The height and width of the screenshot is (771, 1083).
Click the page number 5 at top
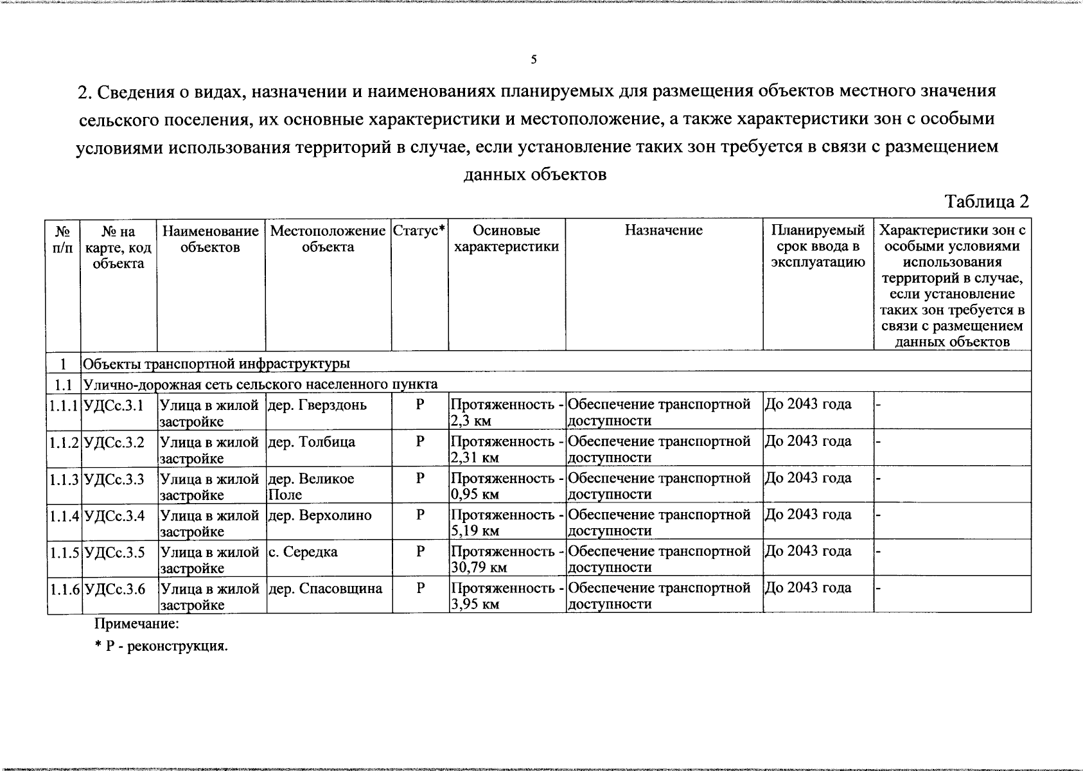[x=533, y=60]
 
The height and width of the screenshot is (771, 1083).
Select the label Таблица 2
[x=987, y=202]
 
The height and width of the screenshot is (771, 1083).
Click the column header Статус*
[x=419, y=231]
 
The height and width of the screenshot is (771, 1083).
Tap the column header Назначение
[x=664, y=231]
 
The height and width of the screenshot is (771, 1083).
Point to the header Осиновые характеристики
[x=506, y=238]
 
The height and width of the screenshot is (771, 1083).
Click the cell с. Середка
[x=303, y=552]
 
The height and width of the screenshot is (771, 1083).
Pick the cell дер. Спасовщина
[x=324, y=589]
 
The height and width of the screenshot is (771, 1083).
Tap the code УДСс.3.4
[x=114, y=515]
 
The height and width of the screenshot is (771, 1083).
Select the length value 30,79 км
[x=479, y=567]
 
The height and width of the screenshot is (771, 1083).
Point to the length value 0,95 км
[x=475, y=494]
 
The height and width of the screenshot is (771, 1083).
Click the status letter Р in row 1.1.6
[x=420, y=588]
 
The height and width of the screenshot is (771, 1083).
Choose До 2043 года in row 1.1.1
[x=808, y=404]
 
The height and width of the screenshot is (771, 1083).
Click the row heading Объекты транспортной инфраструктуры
[x=216, y=364]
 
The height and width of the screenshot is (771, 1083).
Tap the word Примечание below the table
[x=136, y=623]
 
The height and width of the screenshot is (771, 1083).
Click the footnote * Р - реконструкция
[x=161, y=646]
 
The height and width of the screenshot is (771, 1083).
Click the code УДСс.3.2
[x=114, y=442]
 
